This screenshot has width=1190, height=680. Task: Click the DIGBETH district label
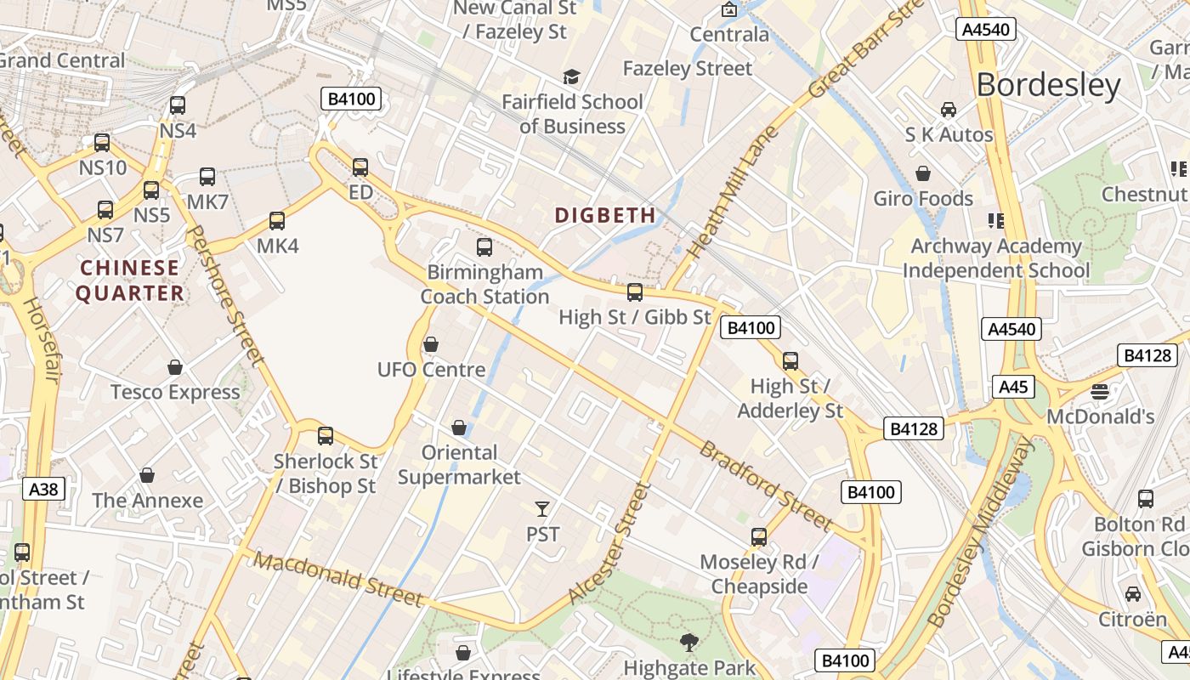point(605,215)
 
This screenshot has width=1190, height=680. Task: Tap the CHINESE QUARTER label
point(130,280)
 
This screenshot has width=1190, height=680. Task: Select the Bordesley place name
point(1048,85)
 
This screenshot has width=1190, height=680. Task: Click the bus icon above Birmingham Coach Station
point(484,247)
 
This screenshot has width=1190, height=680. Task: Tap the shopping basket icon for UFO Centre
point(431,344)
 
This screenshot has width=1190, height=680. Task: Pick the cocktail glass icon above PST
point(542,508)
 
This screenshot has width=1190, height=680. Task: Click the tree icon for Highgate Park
point(688,643)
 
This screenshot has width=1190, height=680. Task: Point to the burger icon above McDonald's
point(1100,392)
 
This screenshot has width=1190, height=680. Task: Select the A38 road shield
point(43,489)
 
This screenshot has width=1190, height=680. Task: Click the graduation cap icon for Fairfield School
point(571,77)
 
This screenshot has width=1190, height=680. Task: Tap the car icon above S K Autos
point(949,110)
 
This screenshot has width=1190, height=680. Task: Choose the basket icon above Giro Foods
point(923,173)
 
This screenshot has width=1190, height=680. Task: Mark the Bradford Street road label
point(764,484)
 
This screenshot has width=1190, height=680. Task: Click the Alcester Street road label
point(609,544)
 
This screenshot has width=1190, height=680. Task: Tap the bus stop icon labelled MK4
point(277,221)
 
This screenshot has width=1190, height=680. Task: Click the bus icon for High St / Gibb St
point(635,292)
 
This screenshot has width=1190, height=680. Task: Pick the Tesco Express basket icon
point(175,367)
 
